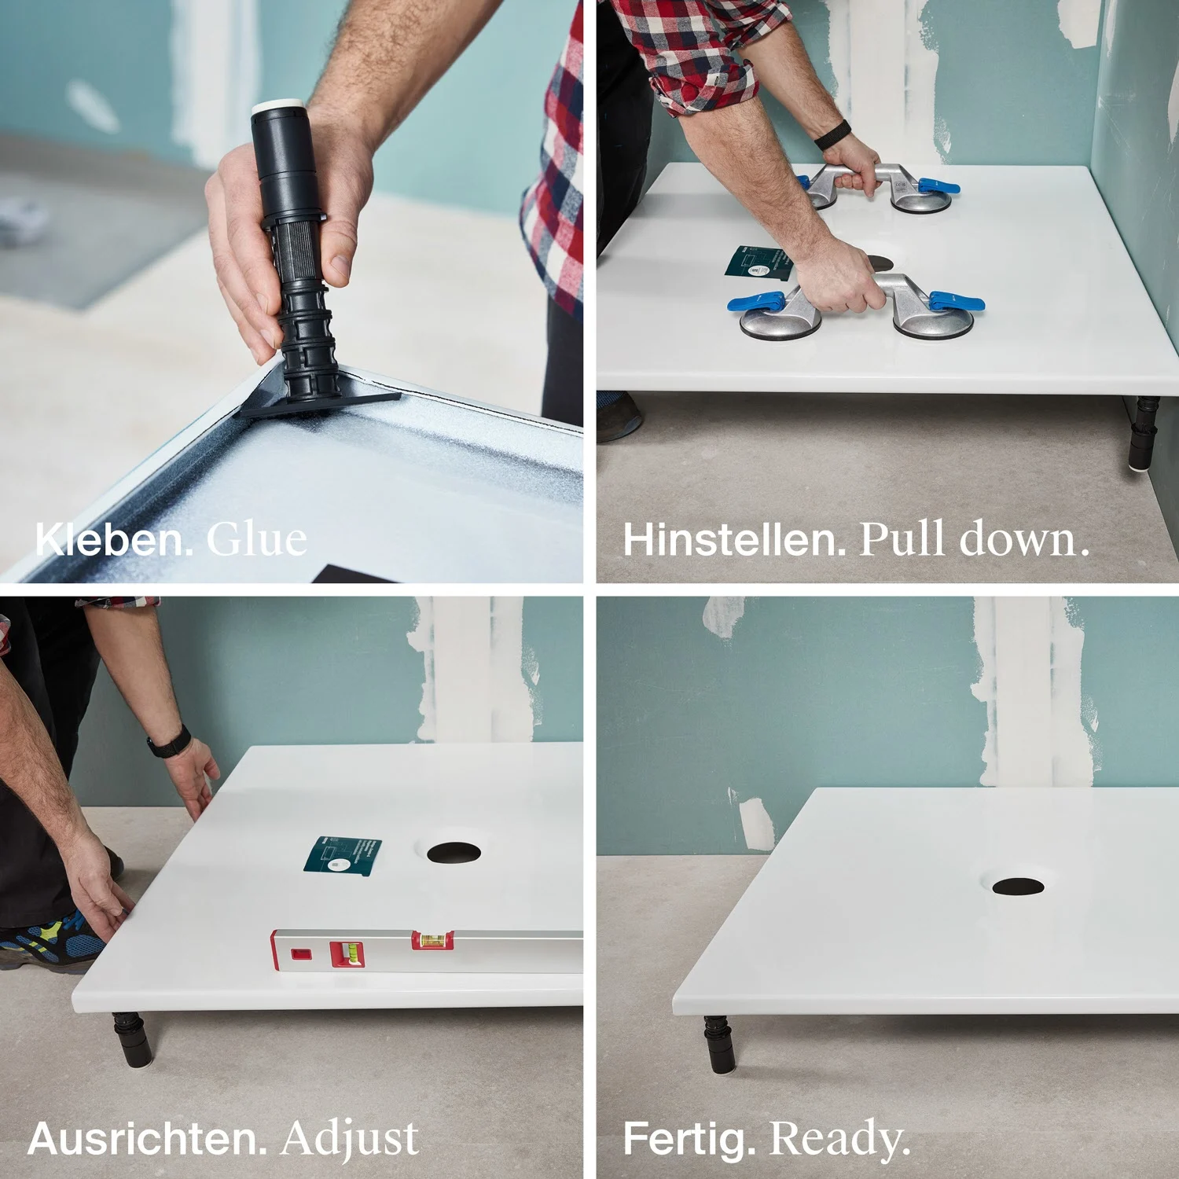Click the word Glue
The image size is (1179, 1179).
coord(256,539)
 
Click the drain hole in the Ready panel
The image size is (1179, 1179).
coord(1018,887)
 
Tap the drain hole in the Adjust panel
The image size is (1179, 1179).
coord(454,853)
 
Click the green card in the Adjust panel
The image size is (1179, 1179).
coord(343,856)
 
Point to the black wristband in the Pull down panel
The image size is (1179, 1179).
coord(832,134)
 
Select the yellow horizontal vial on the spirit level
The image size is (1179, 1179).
coord(433,938)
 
